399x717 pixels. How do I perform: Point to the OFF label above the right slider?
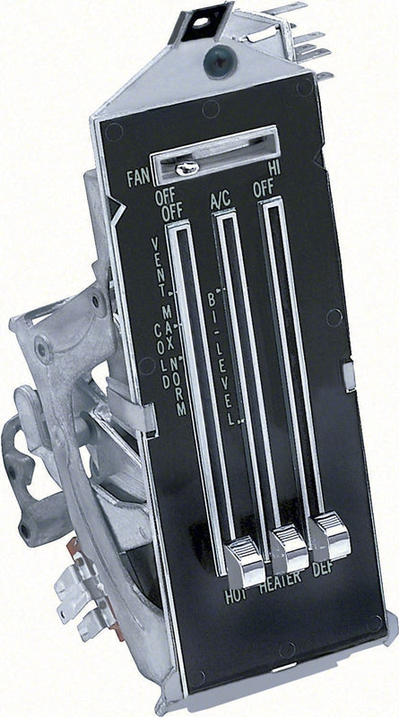pyautogui.click(x=264, y=189)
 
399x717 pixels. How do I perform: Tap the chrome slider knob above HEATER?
pyautogui.click(x=289, y=548)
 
